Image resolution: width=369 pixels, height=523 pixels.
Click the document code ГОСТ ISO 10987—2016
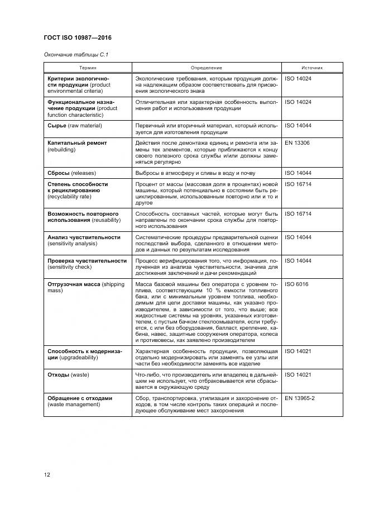coord(78,38)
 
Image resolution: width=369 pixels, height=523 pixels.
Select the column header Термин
coord(88,68)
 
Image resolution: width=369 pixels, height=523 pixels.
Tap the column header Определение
coord(207,68)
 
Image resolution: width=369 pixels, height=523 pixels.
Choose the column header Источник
coord(312,68)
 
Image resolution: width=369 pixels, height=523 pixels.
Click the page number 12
coord(47,475)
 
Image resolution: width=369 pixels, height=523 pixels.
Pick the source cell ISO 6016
coord(296,284)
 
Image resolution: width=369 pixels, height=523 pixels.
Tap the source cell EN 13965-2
coord(300,398)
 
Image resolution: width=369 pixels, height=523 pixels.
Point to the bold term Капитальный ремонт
coord(77,143)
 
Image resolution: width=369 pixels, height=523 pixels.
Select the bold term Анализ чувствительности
coord(84,237)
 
